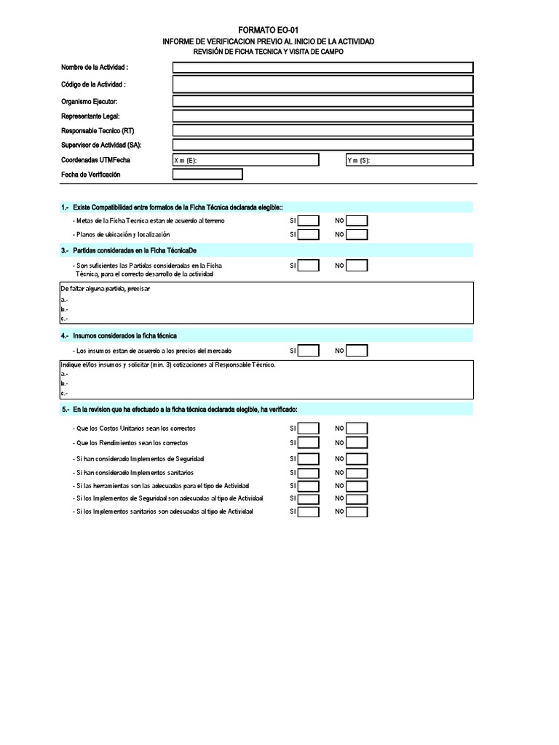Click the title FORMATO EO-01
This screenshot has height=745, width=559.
pos(269,31)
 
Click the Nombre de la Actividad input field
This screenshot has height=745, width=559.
pos(322,68)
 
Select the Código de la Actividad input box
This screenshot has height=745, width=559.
pos(322,84)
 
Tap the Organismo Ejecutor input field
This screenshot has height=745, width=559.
pos(322,101)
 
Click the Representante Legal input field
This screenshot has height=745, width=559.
pos(322,116)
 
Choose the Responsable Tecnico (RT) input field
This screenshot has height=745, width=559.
pos(322,130)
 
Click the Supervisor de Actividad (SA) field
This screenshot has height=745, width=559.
pos(322,145)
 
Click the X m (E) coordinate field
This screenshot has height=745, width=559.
pos(245,160)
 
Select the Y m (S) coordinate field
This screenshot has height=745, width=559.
pos(409,160)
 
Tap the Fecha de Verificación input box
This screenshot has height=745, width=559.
pos(207,175)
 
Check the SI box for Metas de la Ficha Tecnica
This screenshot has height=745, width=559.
pos(309,220)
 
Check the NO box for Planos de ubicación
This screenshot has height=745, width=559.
pos(357,234)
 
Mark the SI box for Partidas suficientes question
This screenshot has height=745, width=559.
pos(309,266)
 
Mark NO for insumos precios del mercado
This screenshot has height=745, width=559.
pos(357,351)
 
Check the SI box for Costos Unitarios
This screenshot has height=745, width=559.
pos(309,429)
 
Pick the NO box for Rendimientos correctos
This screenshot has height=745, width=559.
pos(357,442)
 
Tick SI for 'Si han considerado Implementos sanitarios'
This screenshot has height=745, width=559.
pos(309,473)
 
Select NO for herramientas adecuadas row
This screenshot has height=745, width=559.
pos(357,485)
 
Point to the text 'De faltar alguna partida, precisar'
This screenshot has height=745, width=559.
pos(105,288)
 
